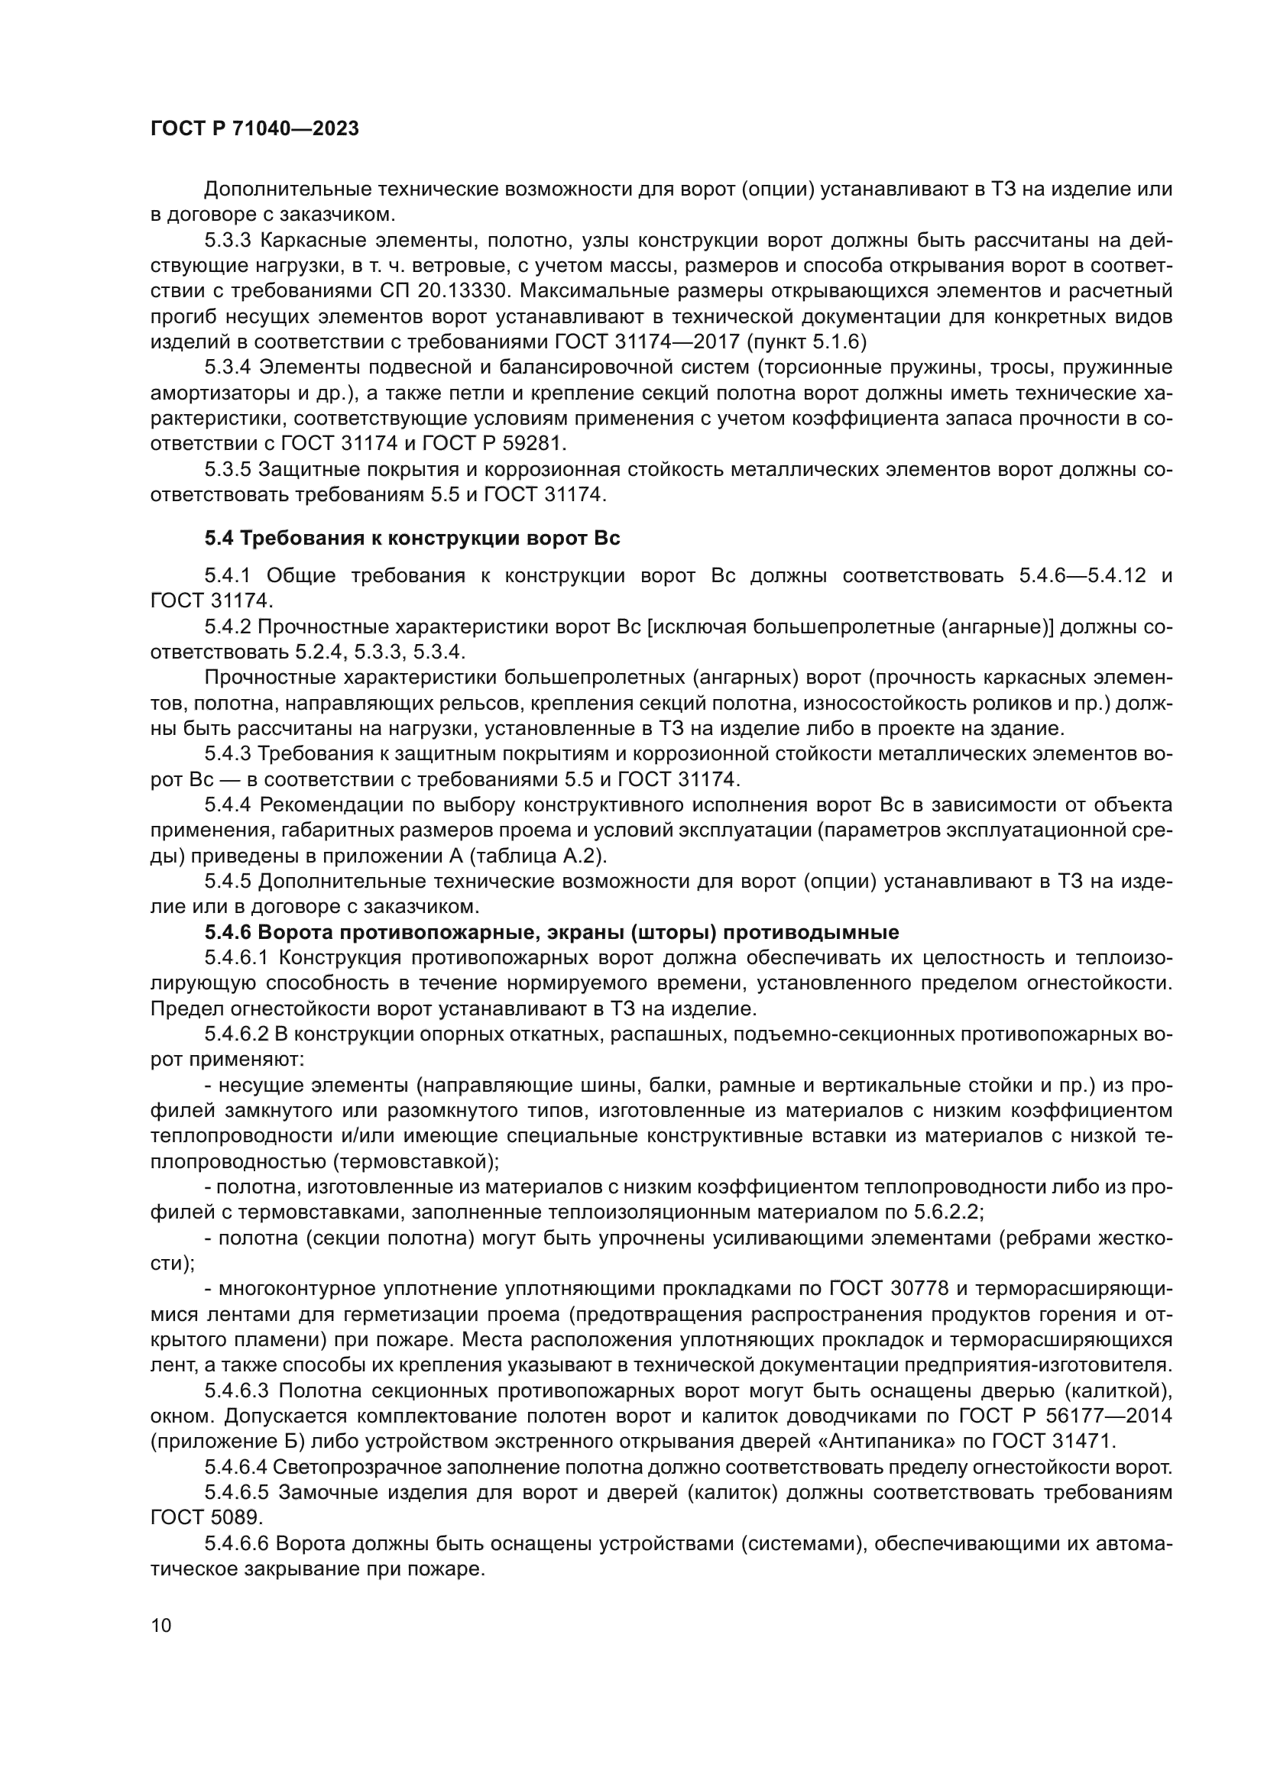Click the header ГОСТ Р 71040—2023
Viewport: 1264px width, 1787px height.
pos(254,129)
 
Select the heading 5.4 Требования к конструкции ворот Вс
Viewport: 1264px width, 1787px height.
pos(412,538)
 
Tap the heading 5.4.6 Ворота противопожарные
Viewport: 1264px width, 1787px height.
pos(552,931)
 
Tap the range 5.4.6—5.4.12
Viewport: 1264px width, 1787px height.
pos(1082,575)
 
